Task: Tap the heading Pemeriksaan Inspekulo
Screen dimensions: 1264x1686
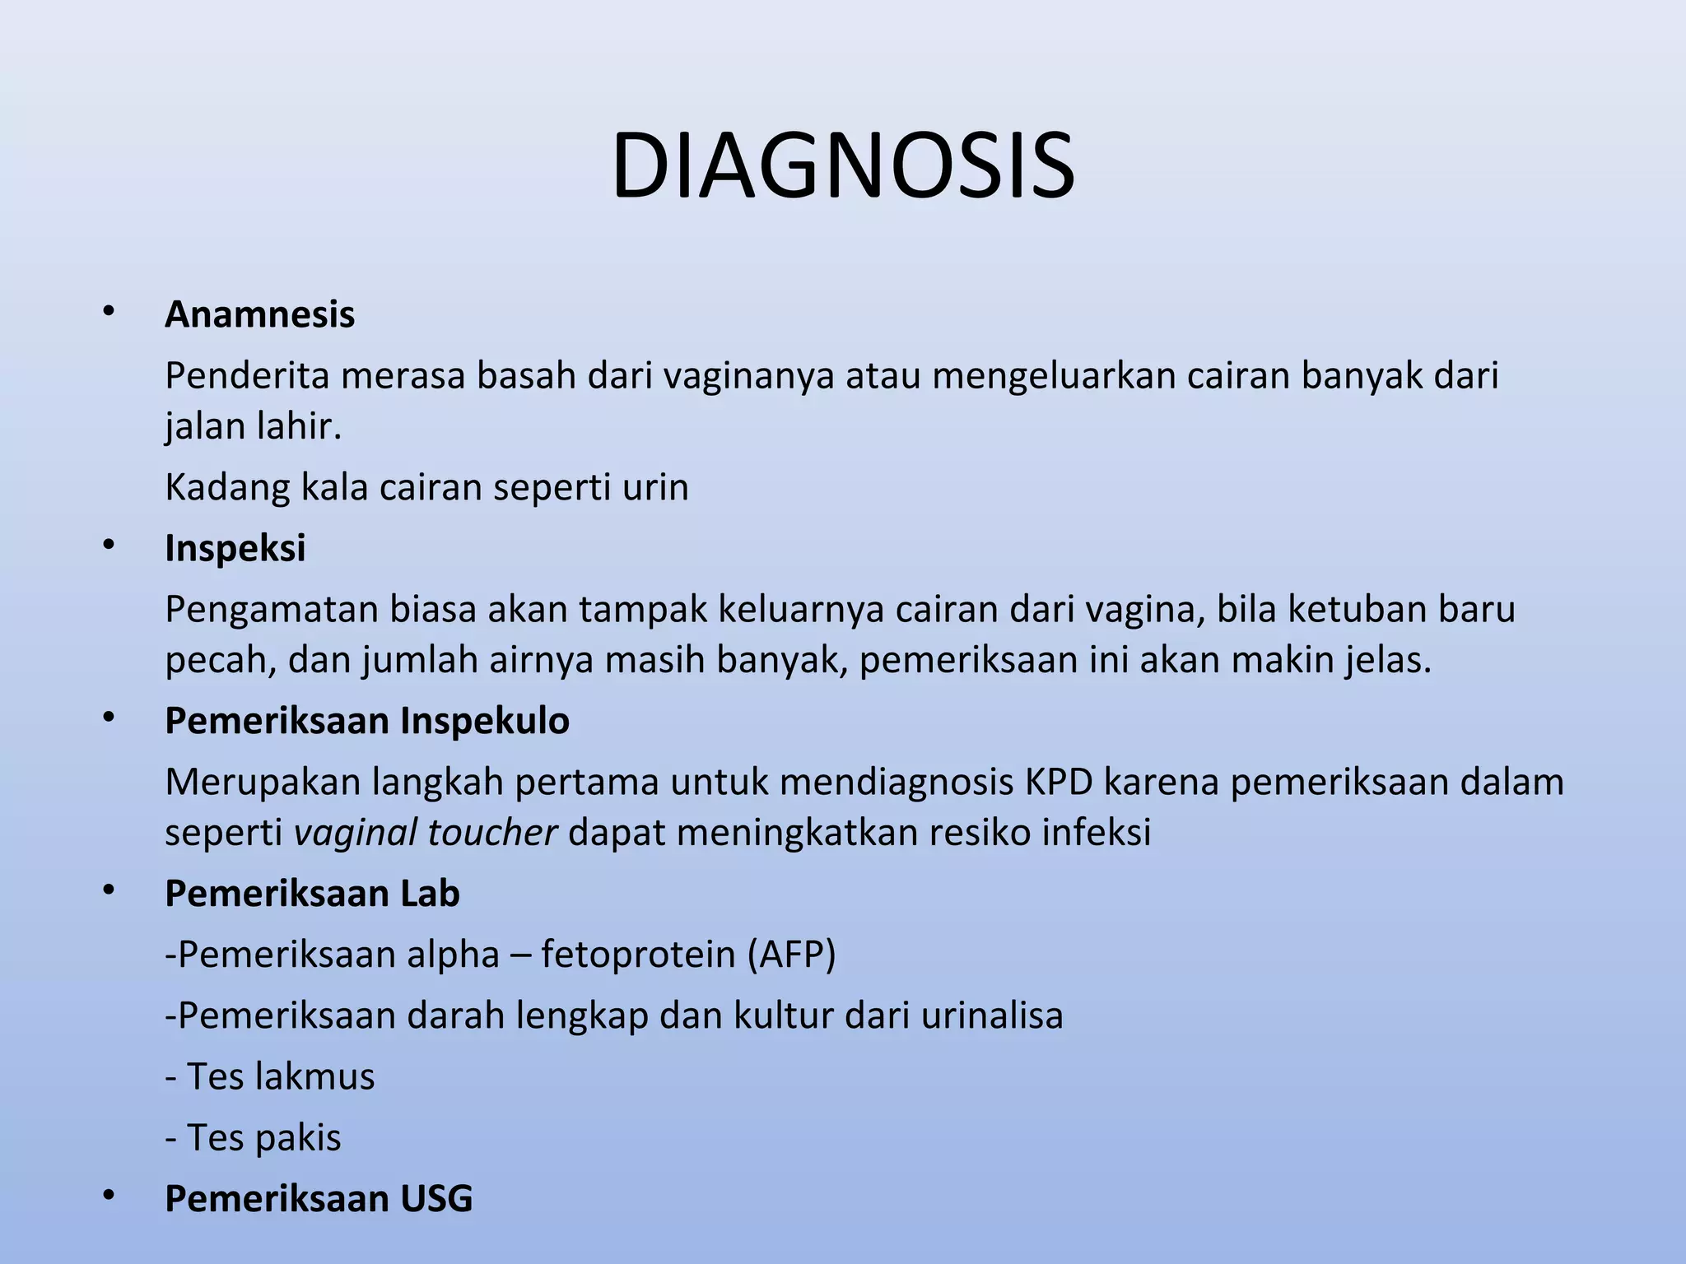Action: pos(366,721)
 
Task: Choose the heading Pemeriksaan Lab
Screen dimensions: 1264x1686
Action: pos(312,894)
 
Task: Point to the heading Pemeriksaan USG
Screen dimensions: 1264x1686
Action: pos(319,1199)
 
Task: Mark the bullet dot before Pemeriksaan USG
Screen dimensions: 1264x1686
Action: pos(108,1197)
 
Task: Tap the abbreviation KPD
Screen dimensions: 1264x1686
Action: pos(1059,782)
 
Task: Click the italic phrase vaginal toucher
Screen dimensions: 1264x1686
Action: pos(426,833)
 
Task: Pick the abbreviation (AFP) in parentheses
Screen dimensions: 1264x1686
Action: pos(791,955)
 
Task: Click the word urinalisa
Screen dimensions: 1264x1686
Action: pos(992,1015)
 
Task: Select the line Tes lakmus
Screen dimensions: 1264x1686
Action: pos(270,1077)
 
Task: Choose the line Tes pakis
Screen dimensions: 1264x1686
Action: pos(254,1138)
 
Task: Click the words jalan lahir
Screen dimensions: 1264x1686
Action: pos(252,427)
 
